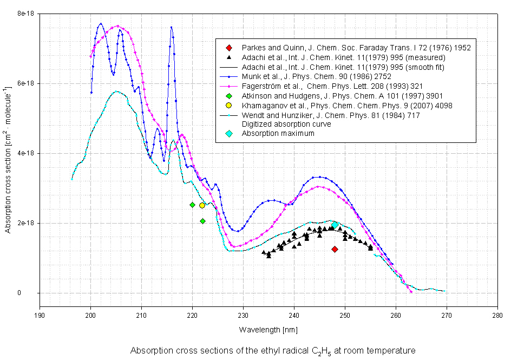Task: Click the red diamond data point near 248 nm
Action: [x=335, y=249]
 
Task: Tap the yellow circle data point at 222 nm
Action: [x=202, y=205]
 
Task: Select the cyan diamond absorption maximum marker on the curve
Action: [x=335, y=225]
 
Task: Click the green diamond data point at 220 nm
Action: [x=192, y=205]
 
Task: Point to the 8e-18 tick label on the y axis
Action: [x=23, y=14]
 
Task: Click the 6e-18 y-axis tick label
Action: [x=23, y=83]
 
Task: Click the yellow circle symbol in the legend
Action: [x=230, y=106]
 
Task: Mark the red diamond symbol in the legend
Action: [x=230, y=48]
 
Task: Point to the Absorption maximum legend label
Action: [x=278, y=134]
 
